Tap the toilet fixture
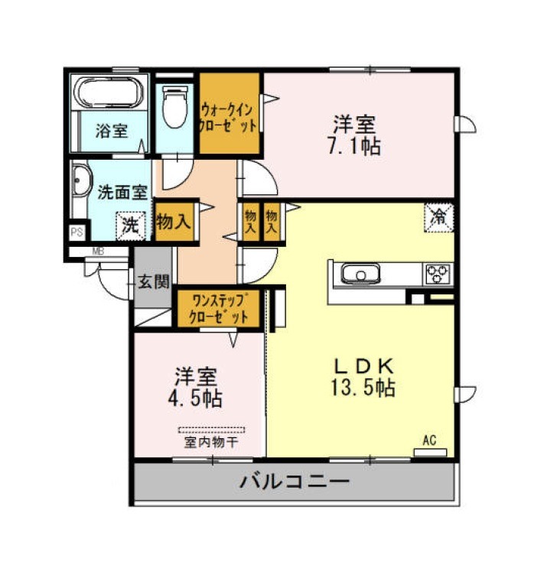click(175, 107)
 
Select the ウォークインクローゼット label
click(229, 118)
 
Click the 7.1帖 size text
click(353, 146)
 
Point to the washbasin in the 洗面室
click(80, 180)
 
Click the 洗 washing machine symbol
click(130, 226)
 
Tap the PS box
click(77, 232)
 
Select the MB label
click(98, 252)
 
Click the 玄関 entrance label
click(154, 281)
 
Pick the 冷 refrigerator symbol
click(439, 218)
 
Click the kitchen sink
click(360, 274)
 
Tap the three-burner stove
click(438, 274)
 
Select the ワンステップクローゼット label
click(220, 307)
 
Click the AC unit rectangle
click(430, 452)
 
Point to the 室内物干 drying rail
click(212, 430)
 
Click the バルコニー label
click(295, 482)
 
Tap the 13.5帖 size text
click(363, 388)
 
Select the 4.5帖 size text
click(195, 398)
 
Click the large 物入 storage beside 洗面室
click(174, 221)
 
